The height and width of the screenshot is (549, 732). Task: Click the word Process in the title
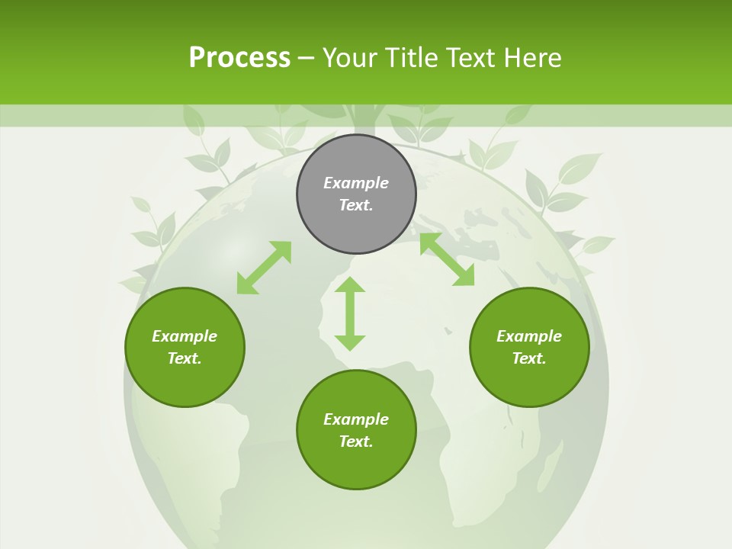coord(239,58)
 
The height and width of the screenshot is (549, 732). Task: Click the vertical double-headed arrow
coord(350,313)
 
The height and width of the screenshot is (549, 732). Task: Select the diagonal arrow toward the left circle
coord(264,268)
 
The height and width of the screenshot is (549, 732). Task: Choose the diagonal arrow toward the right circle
coord(447,259)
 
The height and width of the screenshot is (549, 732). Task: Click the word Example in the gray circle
coord(356,183)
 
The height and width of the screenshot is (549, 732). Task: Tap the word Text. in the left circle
coord(185,358)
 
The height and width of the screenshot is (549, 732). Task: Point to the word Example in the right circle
coord(529,336)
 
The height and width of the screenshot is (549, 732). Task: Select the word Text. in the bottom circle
coord(356,441)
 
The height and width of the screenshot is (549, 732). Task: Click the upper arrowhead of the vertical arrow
coord(350,285)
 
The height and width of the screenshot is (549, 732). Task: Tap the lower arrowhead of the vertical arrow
coord(350,342)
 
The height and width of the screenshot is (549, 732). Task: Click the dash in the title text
coord(307,58)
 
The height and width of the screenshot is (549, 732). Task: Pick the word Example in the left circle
coord(185,336)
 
